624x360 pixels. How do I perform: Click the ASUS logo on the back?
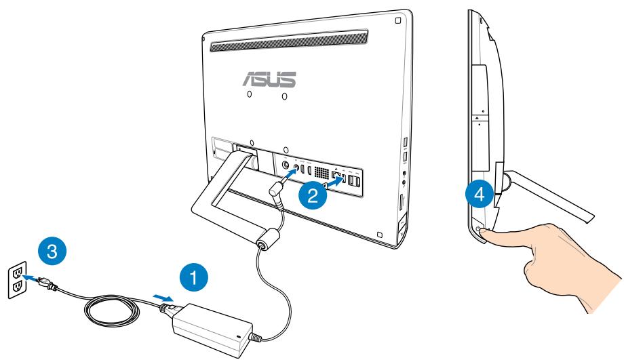coord(270,77)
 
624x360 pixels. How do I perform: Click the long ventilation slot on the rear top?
coord(289,41)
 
